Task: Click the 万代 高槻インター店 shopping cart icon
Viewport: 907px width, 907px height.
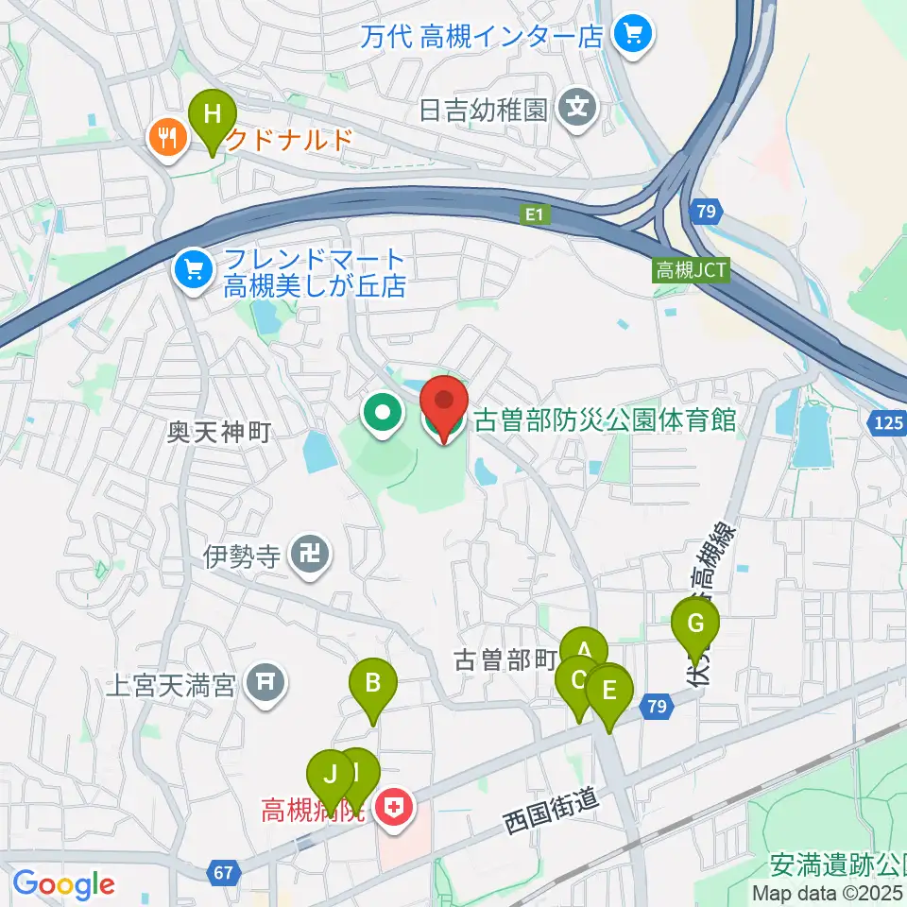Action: pos(628,36)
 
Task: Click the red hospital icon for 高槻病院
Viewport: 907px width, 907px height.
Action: pos(391,808)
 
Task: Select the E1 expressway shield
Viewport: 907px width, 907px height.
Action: pos(536,216)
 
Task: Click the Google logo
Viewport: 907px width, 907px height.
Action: pos(63,885)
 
